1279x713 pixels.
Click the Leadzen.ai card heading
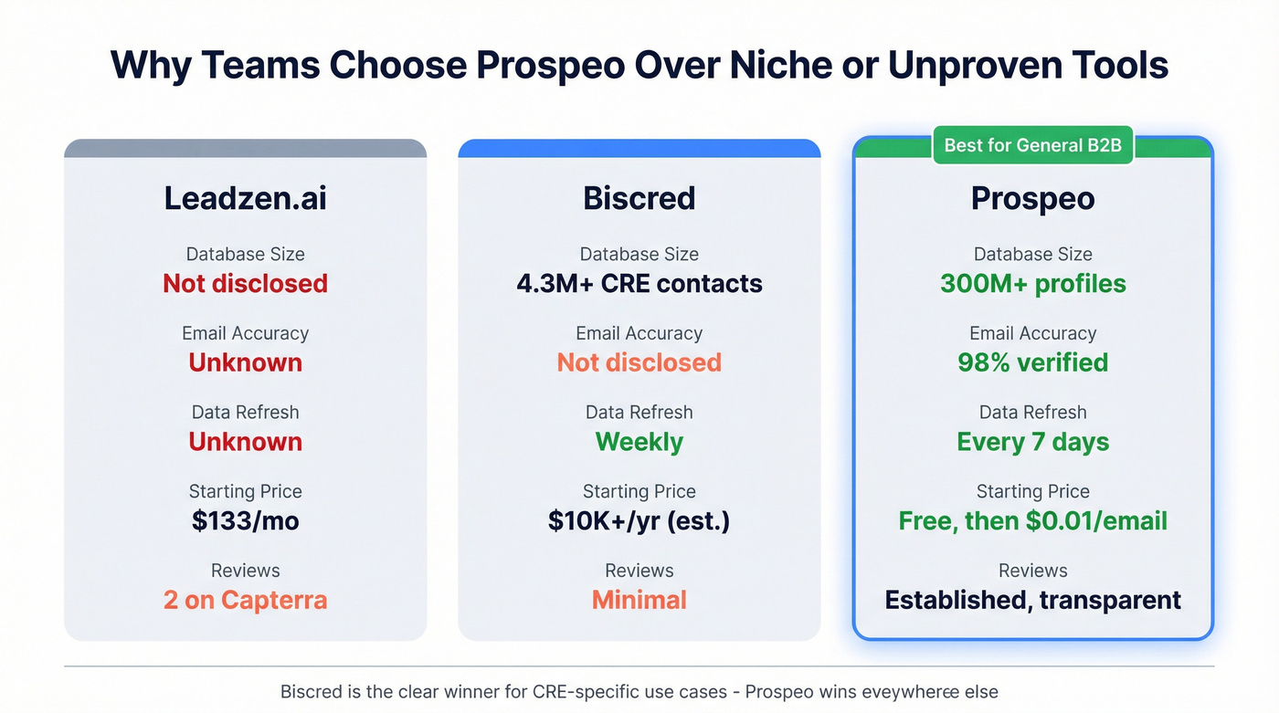[245, 199]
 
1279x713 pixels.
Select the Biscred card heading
[639, 199]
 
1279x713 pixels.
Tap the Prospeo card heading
[1032, 199]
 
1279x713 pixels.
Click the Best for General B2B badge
[1032, 146]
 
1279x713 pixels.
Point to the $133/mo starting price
[245, 521]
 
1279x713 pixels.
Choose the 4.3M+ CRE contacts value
[639, 284]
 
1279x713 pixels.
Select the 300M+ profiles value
[1032, 284]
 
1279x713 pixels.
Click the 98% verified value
[1032, 362]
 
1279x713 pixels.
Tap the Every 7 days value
[1032, 442]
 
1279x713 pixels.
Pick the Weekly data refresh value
[639, 442]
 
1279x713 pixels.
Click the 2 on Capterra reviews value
[245, 600]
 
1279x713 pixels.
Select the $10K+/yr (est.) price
[639, 521]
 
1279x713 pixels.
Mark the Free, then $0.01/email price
[1032, 521]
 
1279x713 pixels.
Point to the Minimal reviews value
[639, 600]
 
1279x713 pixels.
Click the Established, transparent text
[1032, 600]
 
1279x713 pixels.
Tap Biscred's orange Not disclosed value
[639, 362]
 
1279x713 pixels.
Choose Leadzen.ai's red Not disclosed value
[245, 284]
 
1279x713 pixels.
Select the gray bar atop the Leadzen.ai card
[245, 148]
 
